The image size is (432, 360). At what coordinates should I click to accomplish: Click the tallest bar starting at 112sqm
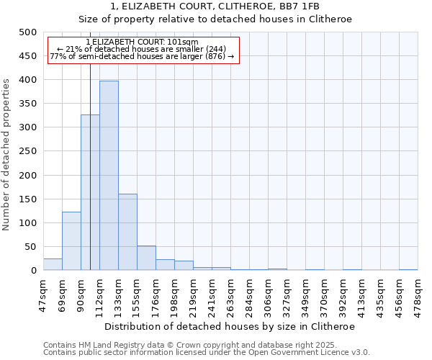(109, 176)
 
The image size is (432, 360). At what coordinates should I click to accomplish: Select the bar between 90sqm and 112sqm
(90, 192)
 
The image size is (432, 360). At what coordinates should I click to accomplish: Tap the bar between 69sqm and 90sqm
(71, 241)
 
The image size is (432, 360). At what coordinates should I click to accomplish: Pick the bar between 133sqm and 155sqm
(127, 232)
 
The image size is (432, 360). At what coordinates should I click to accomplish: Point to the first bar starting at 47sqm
(53, 264)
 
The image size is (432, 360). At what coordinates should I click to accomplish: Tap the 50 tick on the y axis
(30, 247)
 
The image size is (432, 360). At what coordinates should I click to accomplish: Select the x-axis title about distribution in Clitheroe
(230, 326)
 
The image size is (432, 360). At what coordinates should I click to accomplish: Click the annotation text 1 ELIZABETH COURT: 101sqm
(142, 42)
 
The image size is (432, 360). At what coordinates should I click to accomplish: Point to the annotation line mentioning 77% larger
(142, 56)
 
